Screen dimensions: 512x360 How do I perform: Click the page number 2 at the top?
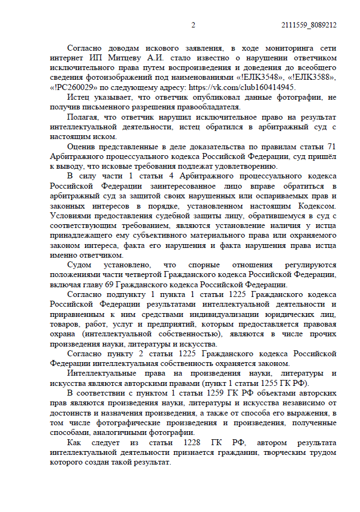click(193, 25)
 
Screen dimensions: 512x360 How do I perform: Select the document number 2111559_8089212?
click(309, 25)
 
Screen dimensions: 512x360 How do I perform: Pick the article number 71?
click(331, 147)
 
